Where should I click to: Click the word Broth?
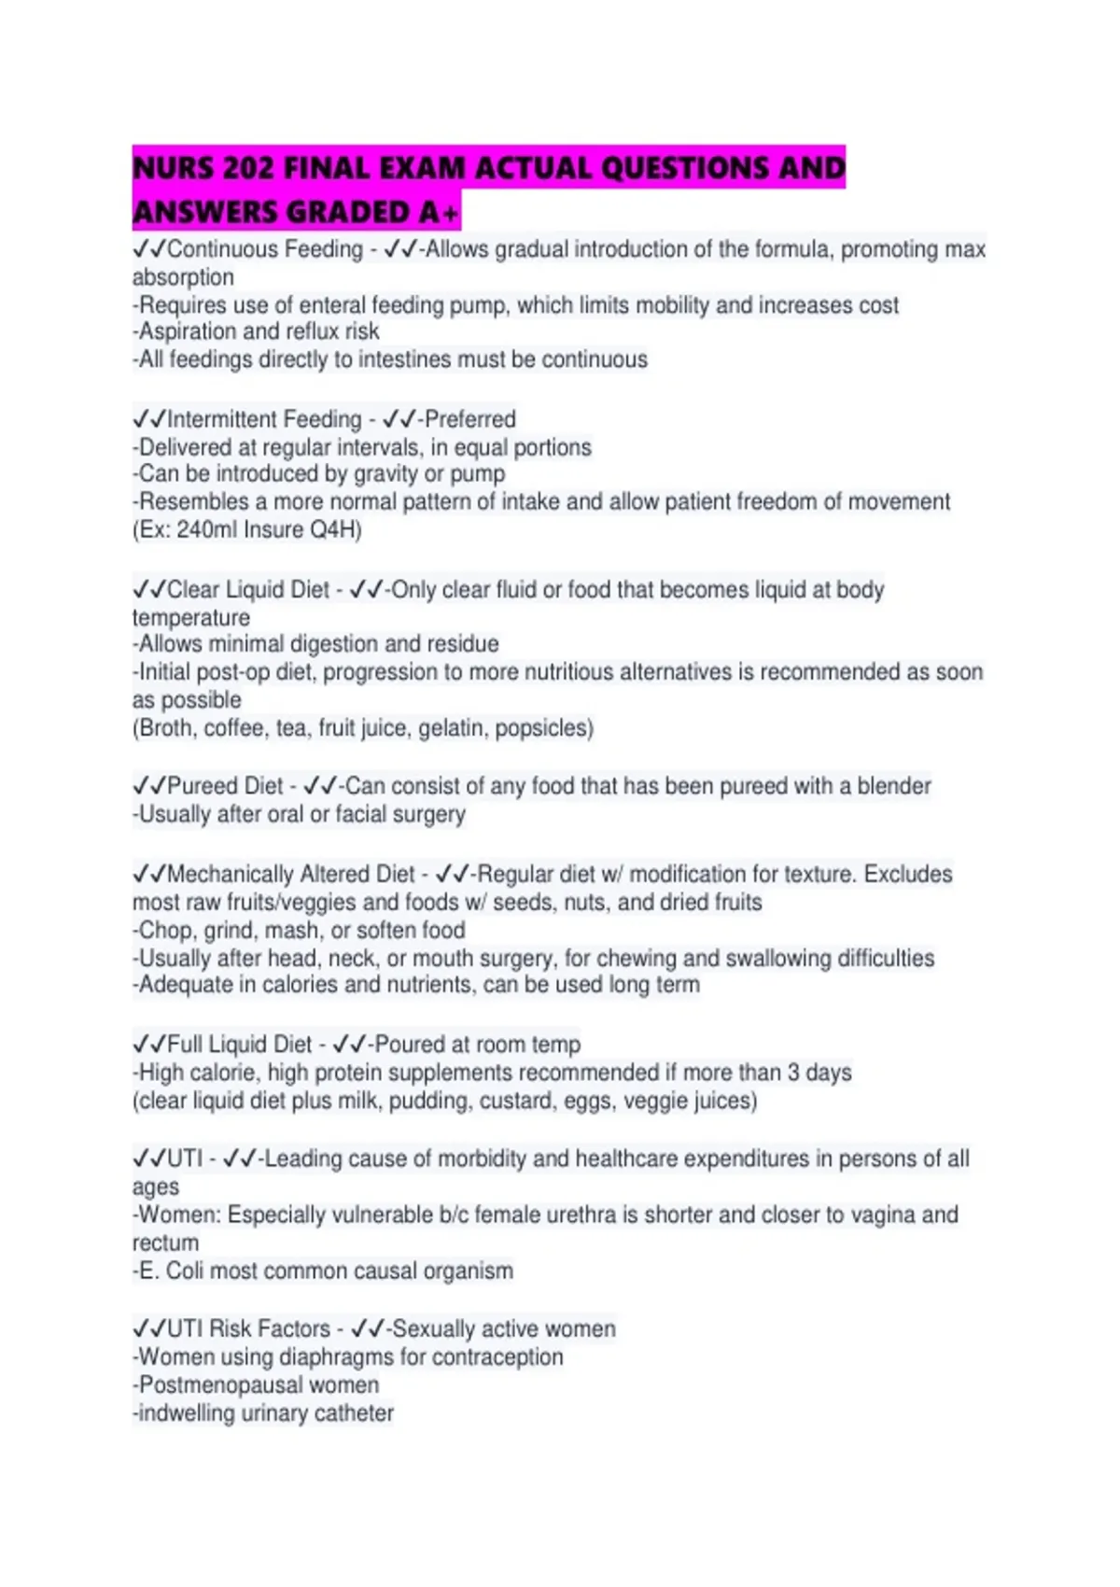pos(165,727)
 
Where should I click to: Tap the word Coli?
pos(184,1271)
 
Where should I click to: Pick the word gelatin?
pos(452,727)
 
